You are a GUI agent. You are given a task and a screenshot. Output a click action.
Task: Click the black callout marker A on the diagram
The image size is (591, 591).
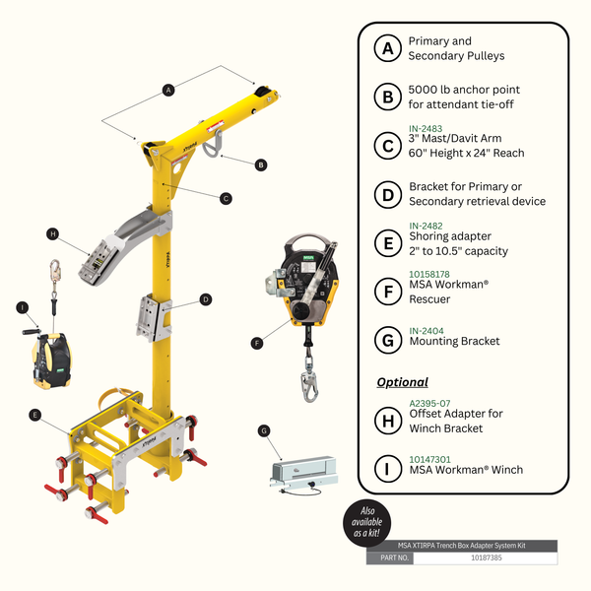click(x=168, y=90)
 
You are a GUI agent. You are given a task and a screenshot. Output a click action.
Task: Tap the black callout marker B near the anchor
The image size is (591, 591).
click(x=260, y=164)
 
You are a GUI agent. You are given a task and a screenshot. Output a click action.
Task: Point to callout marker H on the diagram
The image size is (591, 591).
click(x=52, y=233)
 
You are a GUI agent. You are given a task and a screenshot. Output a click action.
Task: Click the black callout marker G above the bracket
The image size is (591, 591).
click(x=263, y=429)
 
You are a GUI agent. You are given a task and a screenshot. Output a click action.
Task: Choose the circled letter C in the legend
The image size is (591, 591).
click(x=387, y=145)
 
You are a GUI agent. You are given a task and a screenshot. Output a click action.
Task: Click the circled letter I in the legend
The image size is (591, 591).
click(x=387, y=469)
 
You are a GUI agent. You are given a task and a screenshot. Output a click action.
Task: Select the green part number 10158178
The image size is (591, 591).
click(x=430, y=274)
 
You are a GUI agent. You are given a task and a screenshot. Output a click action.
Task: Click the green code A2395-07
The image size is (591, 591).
click(x=429, y=401)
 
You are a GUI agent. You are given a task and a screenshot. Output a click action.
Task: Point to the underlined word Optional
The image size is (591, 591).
click(x=403, y=381)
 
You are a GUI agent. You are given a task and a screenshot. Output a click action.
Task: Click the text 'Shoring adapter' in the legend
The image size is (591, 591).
click(x=450, y=237)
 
